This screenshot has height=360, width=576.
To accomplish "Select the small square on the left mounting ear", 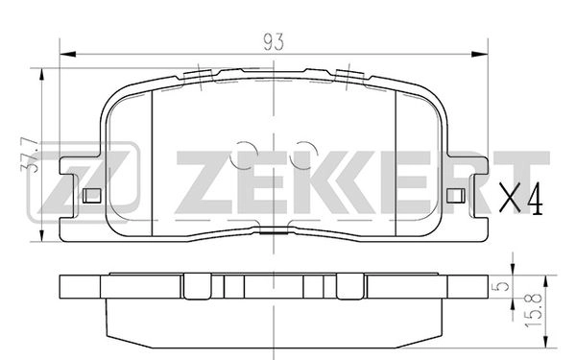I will pos(93,196).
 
